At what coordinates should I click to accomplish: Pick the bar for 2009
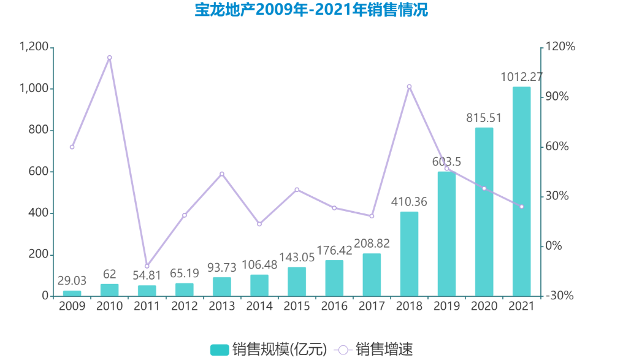(x=72, y=293)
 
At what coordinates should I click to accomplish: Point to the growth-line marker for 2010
(x=110, y=58)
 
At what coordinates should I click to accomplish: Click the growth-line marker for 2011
(x=147, y=266)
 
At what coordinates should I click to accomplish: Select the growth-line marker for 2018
(x=409, y=86)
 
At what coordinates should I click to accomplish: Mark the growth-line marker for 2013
(x=222, y=174)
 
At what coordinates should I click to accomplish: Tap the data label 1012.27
(x=521, y=77)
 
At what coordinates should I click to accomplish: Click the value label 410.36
(x=409, y=202)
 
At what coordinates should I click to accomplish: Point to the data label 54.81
(x=147, y=275)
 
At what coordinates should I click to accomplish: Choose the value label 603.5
(x=446, y=162)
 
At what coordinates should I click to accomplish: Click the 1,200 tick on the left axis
(x=34, y=47)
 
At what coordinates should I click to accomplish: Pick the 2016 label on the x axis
(x=334, y=306)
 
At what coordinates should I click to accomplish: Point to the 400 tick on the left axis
(x=39, y=213)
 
